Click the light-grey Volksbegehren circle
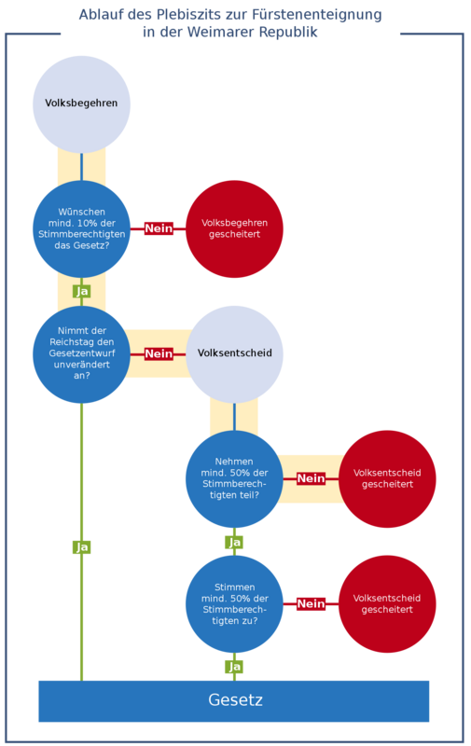(81, 104)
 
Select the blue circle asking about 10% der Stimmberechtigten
(81, 228)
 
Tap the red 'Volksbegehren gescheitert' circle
(234, 228)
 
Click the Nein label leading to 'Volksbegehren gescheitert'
(159, 228)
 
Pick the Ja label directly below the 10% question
(81, 291)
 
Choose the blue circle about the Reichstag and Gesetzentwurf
(81, 354)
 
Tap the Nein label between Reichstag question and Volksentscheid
(159, 354)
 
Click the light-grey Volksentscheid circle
(234, 354)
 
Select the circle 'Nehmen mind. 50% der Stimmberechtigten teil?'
(234, 478)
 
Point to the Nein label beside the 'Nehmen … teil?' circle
(311, 478)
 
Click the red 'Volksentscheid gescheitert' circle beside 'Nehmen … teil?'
(387, 478)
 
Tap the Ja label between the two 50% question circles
(234, 543)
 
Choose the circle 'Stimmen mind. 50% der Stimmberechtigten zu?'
(234, 604)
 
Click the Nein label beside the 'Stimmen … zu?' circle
(311, 603)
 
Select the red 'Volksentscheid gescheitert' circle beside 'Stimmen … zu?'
(387, 604)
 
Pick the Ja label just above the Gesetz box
(234, 667)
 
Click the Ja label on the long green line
(81, 547)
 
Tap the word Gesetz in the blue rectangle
(235, 700)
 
